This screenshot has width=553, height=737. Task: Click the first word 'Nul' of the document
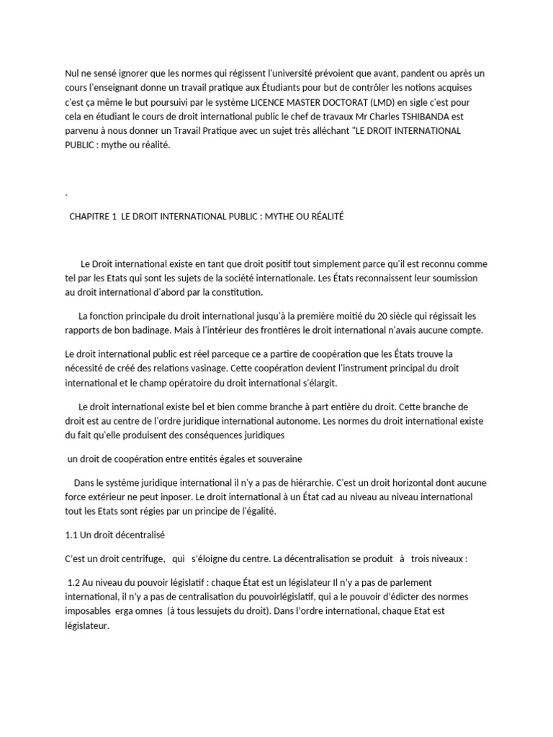[72, 73]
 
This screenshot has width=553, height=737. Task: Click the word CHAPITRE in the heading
[89, 217]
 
